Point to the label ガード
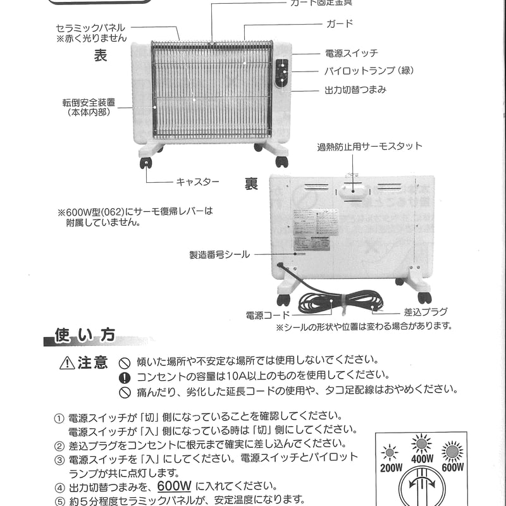click(x=339, y=24)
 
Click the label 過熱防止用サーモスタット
click(x=369, y=147)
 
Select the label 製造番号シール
click(x=219, y=255)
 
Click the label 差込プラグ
click(x=426, y=312)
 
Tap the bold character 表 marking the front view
click(x=101, y=56)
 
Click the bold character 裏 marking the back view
click(x=252, y=184)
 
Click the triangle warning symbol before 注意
click(x=67, y=364)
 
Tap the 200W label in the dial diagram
click(x=392, y=469)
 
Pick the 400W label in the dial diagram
click(x=422, y=459)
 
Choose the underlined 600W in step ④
click(x=175, y=486)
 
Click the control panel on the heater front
click(x=281, y=74)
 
